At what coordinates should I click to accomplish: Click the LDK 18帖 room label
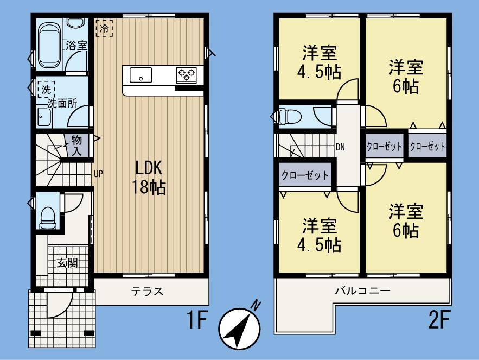click(148, 178)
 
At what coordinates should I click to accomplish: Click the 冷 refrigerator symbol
click(104, 28)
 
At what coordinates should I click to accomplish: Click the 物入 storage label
click(76, 146)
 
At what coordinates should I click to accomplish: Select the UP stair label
click(98, 174)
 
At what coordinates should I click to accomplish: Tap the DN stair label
click(340, 147)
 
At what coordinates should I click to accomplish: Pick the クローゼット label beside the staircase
click(305, 175)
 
